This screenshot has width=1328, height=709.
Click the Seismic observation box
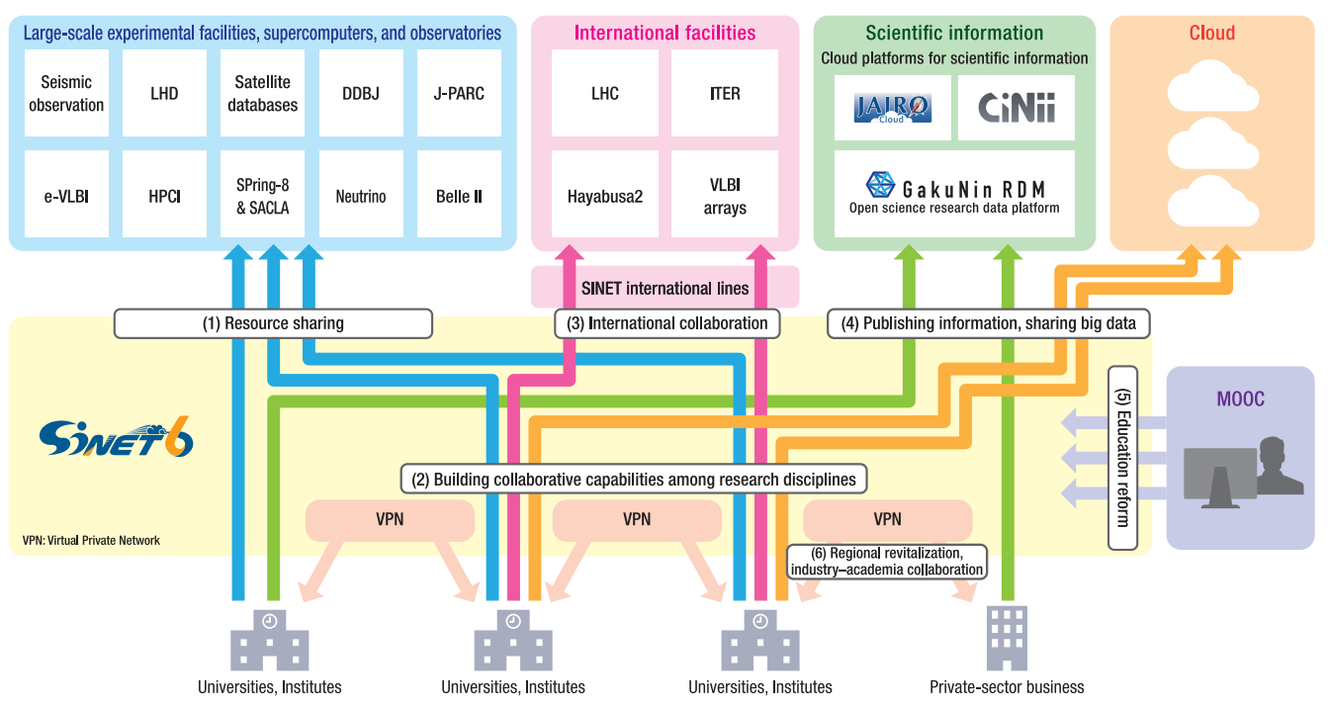(66, 94)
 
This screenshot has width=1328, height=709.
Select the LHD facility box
(164, 94)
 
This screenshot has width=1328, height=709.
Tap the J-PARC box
(459, 94)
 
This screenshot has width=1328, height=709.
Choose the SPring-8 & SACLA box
(262, 196)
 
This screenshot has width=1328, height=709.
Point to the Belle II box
(459, 196)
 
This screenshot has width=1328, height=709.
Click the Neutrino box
(361, 196)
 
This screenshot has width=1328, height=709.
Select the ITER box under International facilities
(725, 94)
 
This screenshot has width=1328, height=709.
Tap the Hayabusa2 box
(605, 196)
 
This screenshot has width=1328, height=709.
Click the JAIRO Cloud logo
(892, 107)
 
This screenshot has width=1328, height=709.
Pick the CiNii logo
(1016, 107)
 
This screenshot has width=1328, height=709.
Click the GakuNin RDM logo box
(954, 193)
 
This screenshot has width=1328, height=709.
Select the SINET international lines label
(664, 288)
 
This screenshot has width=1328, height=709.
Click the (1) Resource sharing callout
(273, 323)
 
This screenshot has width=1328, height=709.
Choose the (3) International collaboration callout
(667, 323)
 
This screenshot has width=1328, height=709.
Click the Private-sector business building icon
(1007, 638)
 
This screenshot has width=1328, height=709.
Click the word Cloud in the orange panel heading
(1211, 34)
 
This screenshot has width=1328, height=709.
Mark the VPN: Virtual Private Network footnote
(91, 541)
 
